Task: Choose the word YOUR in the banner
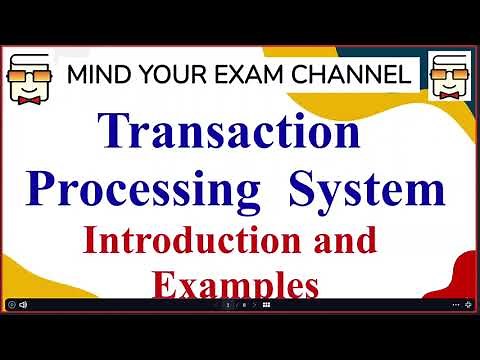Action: [x=172, y=74]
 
